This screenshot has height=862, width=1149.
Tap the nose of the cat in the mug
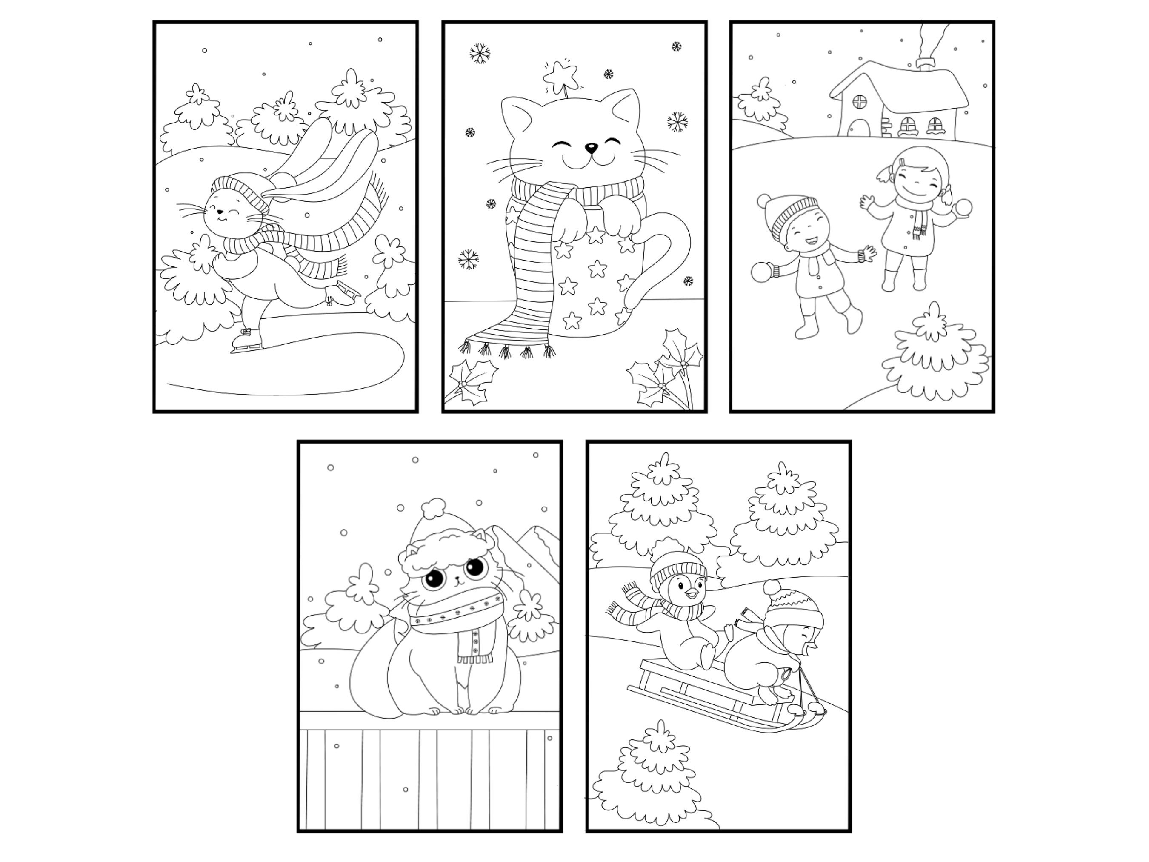click(591, 149)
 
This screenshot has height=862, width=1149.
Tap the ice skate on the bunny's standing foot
click(246, 341)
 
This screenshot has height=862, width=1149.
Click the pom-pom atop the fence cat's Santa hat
click(433, 508)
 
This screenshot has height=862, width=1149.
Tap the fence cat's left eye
click(435, 579)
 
